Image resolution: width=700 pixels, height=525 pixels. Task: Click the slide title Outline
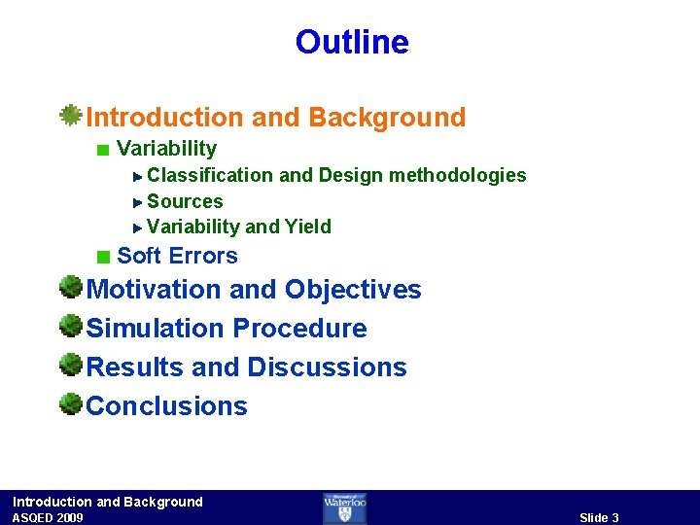pos(352,43)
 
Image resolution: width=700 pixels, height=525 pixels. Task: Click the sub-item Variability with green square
pos(166,149)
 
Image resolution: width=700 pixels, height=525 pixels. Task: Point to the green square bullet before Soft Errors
pos(103,257)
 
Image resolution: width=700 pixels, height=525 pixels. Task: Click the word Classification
pos(210,176)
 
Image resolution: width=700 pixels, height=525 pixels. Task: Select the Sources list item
pos(185,202)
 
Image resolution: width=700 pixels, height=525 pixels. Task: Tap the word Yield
pos(308,227)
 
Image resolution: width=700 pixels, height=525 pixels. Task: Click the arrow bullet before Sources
pos(138,202)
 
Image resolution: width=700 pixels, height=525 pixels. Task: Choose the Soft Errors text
pos(177,257)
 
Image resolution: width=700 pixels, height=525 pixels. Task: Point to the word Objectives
pos(354,290)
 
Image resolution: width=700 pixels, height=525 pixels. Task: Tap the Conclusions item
pos(167,406)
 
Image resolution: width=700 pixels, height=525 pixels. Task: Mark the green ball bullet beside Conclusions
pos(70,403)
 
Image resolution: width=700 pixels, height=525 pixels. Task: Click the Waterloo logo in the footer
pos(345,507)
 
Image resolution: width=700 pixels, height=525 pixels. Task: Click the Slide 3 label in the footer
pos(599,517)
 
